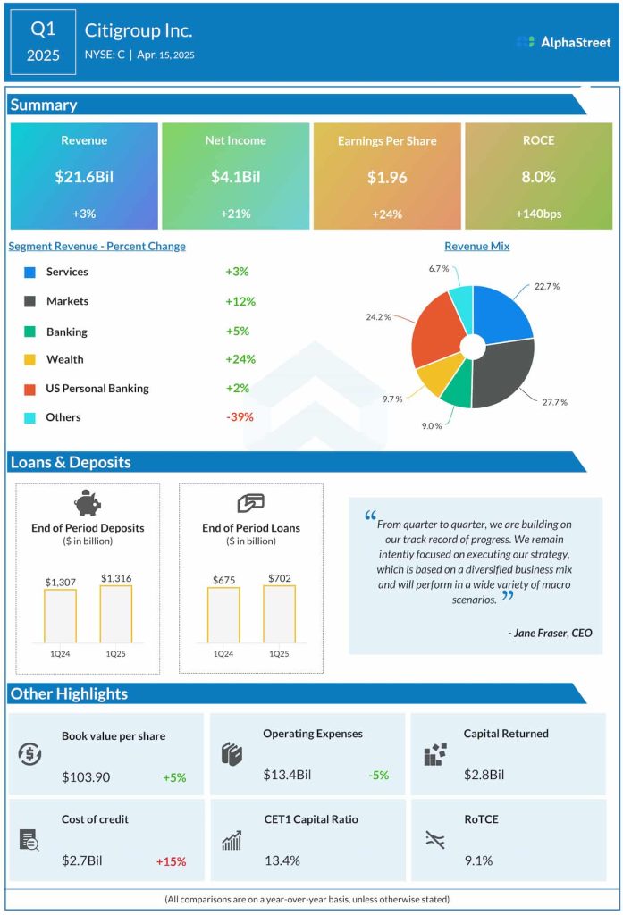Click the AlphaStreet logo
coord(563,42)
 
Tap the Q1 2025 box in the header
coord(43,42)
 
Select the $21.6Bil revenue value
coord(84,177)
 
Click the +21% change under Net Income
coord(235,214)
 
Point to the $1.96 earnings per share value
coord(387,177)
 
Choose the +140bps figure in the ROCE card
coord(538,214)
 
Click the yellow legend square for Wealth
coord(30,360)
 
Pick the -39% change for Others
coord(240,417)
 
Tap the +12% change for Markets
coord(240,301)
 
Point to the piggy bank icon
coord(88,503)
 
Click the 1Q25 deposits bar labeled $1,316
coord(116,614)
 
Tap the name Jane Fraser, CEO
coord(549,633)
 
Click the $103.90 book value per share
coord(86,776)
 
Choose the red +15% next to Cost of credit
coord(171,861)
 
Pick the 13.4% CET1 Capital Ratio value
coord(282,860)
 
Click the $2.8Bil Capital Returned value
coord(484,775)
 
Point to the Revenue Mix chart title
coord(476,246)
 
